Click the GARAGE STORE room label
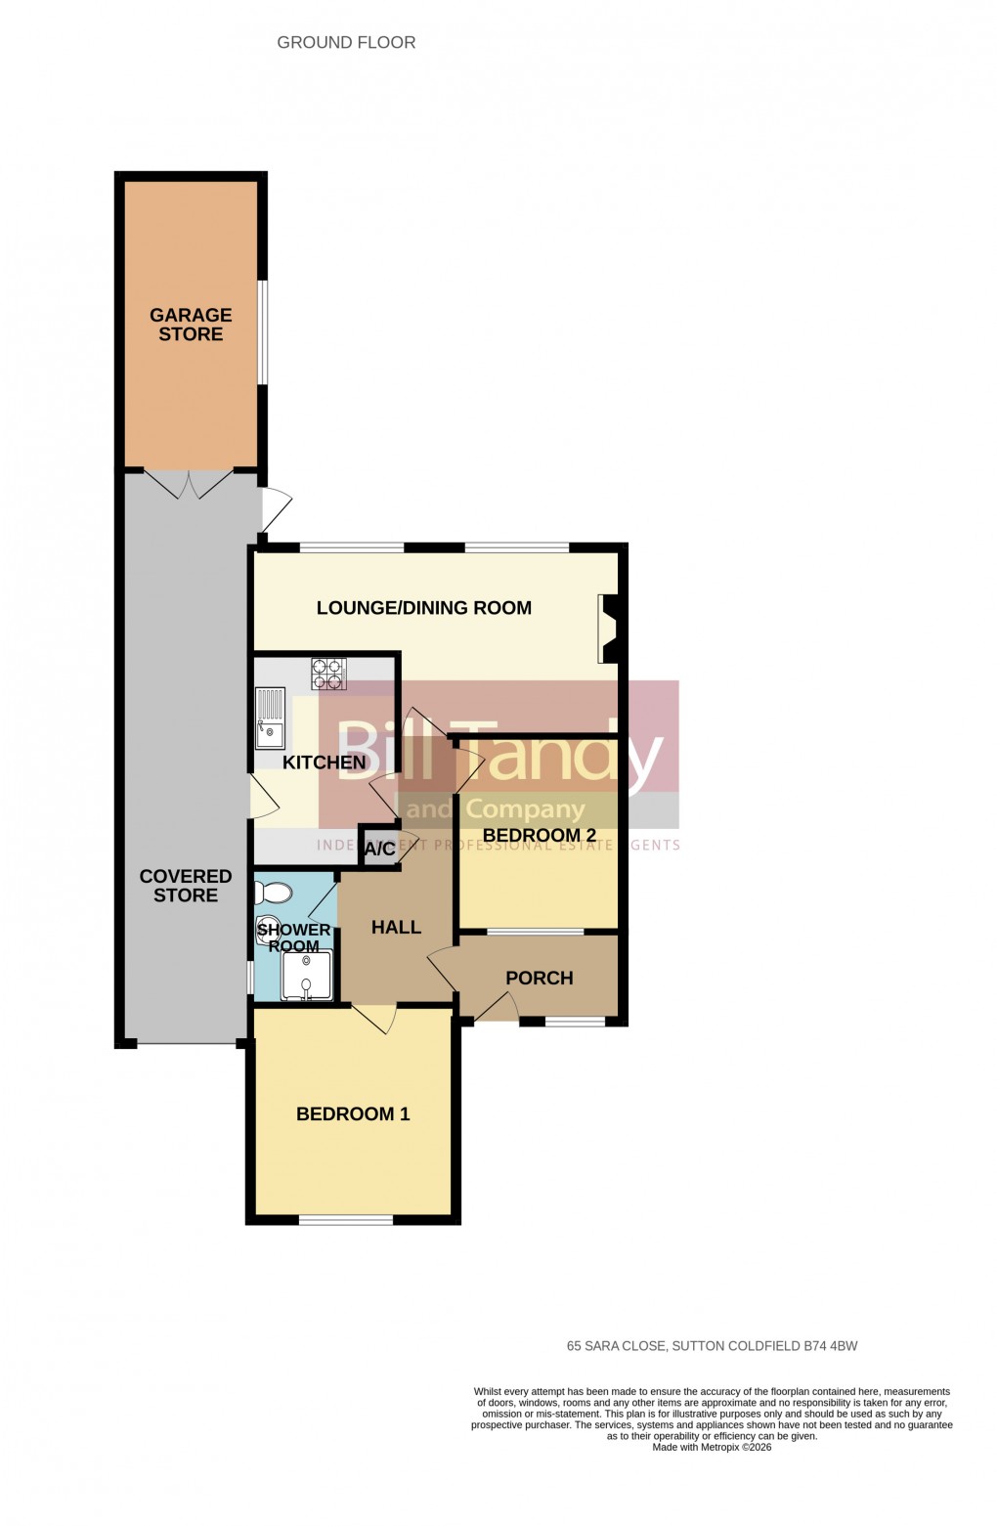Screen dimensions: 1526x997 (191, 325)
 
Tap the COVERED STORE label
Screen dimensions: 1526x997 (186, 886)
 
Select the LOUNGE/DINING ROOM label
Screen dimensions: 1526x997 (424, 608)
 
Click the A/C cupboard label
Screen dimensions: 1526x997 (379, 850)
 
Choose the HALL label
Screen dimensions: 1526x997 (396, 927)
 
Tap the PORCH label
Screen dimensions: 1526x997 (540, 979)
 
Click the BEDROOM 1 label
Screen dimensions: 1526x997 (353, 1113)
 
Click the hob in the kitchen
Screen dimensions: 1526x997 (328, 674)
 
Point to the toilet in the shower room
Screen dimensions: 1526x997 (273, 893)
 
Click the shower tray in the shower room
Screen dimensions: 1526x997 (307, 976)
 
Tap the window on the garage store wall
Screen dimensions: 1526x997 (262, 332)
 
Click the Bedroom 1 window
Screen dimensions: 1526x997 (346, 1219)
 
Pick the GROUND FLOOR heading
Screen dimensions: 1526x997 (346, 42)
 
